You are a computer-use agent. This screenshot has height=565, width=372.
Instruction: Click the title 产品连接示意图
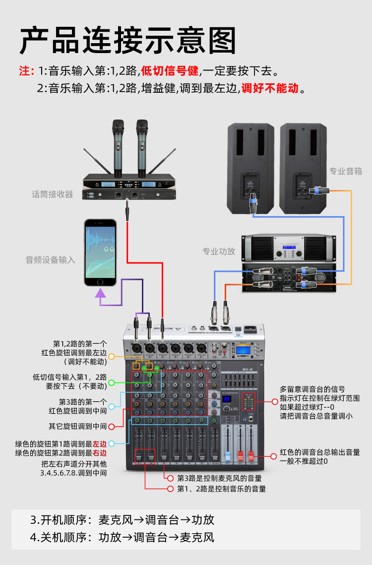tap(128, 40)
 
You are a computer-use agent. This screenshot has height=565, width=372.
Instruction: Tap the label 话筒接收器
tap(52, 194)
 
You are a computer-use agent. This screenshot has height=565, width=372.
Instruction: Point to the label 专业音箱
tap(346, 171)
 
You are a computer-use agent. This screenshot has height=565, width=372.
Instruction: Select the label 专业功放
tap(219, 251)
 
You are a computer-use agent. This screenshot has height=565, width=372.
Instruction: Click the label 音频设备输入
tap(50, 259)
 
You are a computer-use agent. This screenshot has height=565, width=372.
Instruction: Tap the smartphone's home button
tap(100, 282)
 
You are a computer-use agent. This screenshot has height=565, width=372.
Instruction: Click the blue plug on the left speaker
tap(253, 203)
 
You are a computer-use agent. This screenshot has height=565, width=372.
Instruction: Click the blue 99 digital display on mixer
tap(229, 398)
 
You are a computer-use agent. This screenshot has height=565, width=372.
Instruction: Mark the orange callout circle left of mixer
tap(112, 356)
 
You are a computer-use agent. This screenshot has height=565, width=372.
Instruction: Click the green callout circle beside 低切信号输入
tap(112, 382)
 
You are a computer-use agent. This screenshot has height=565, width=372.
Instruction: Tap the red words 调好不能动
tap(270, 89)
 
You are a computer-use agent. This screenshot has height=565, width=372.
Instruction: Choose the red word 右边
tap(99, 453)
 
